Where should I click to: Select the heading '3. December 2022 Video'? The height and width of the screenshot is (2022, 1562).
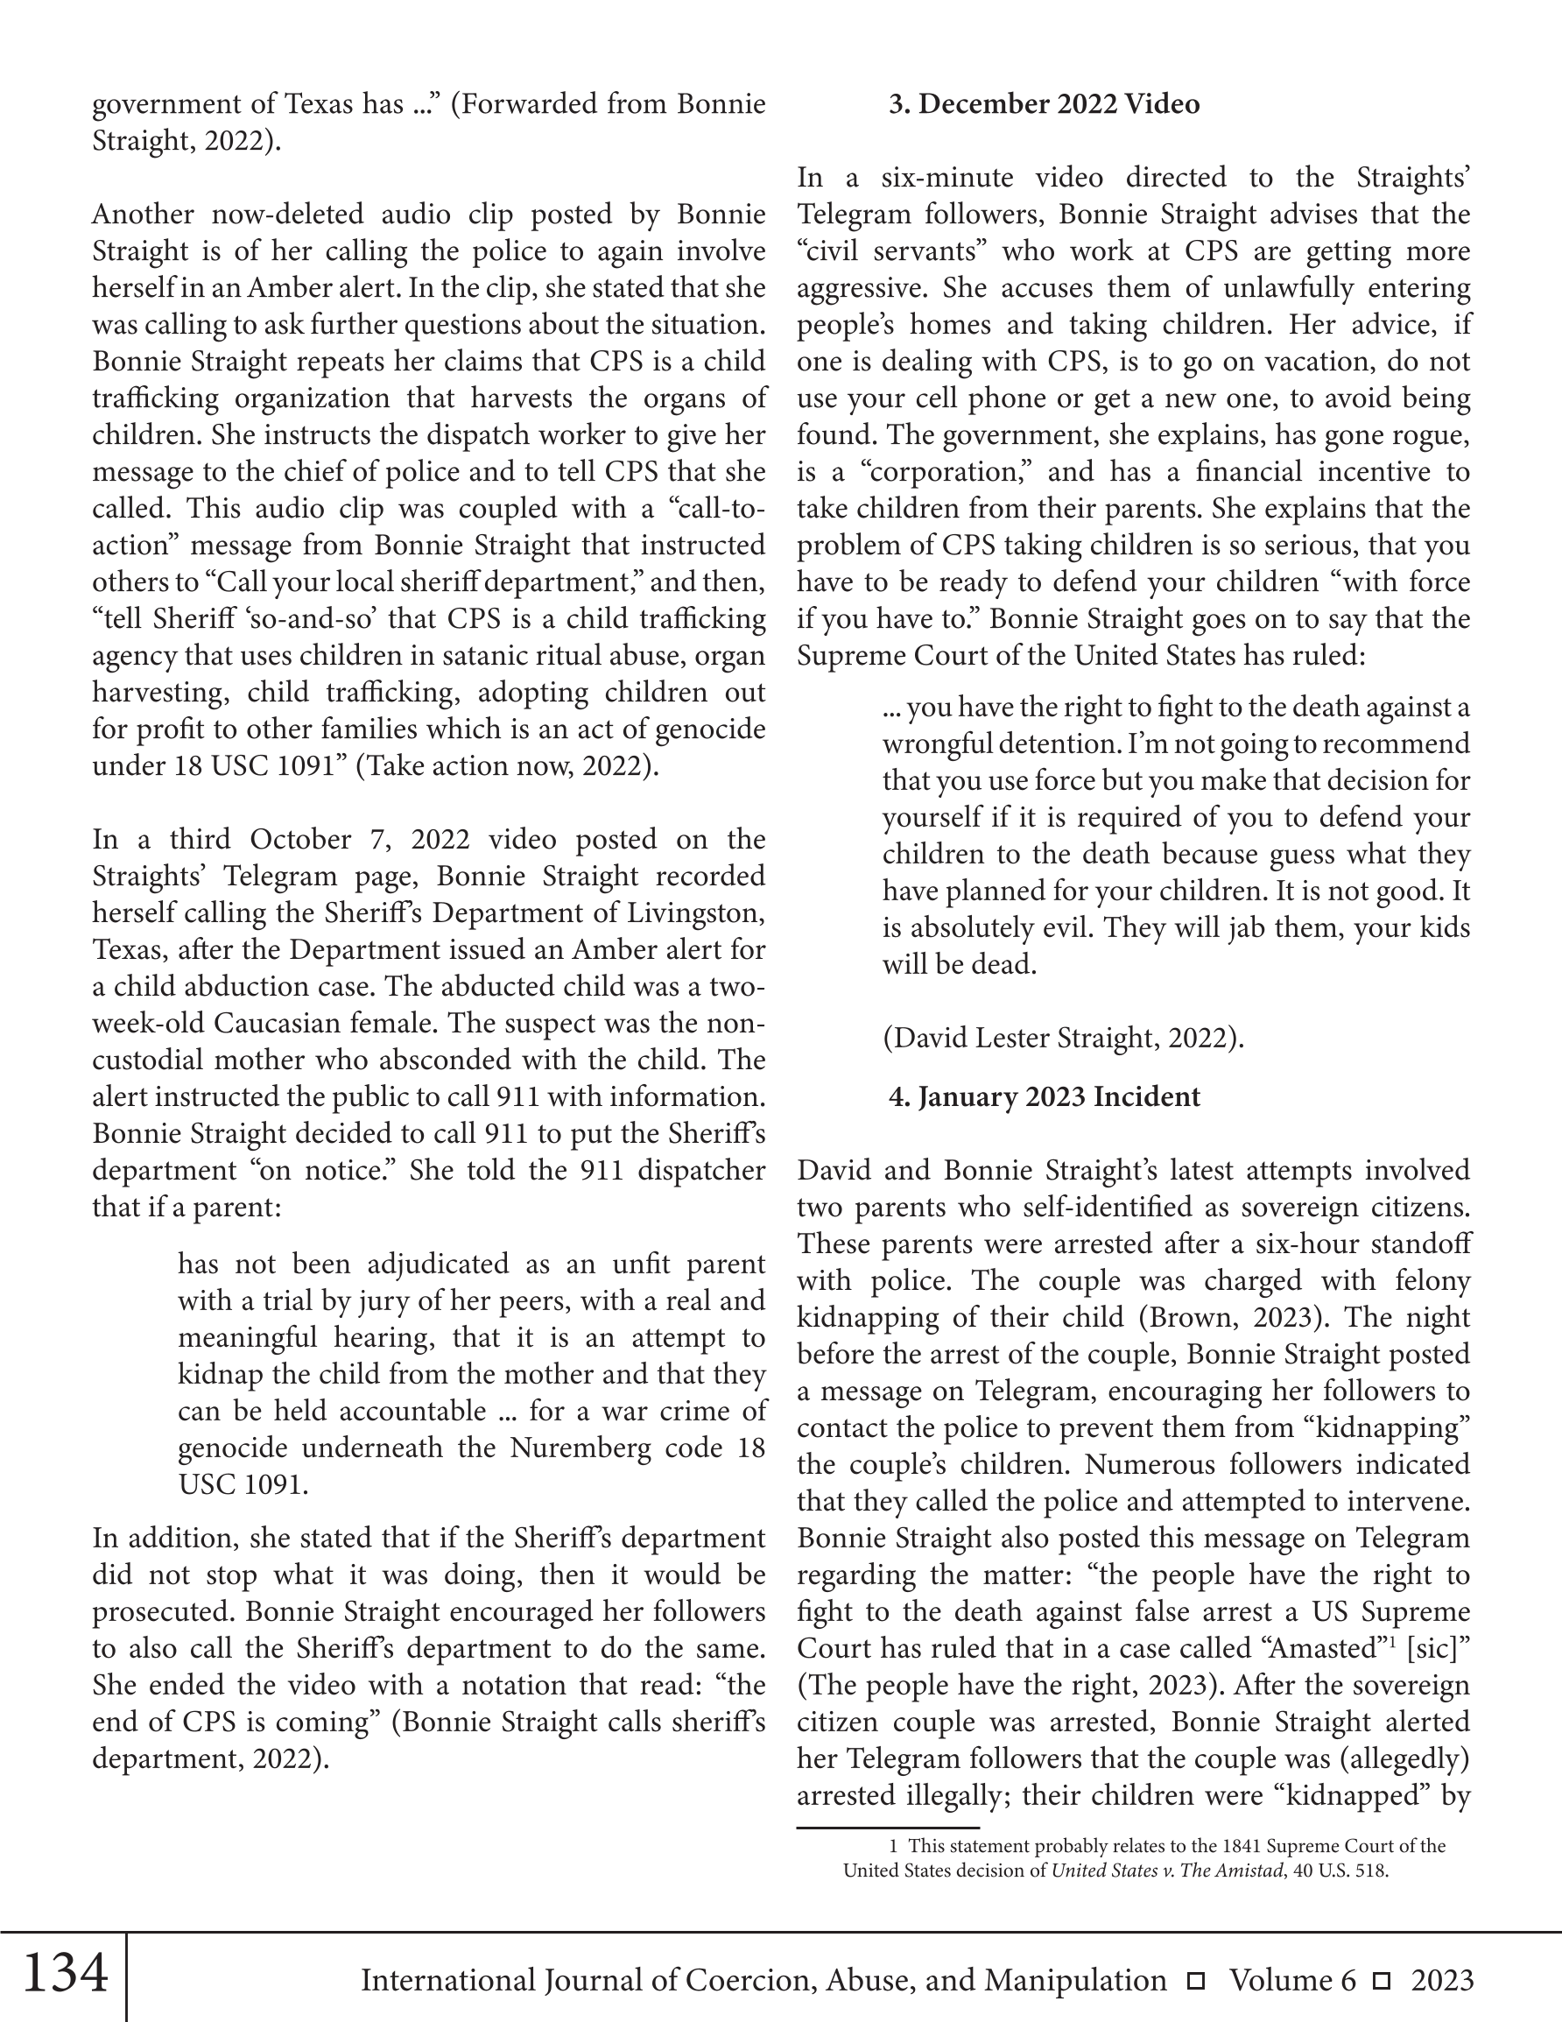(x=1044, y=103)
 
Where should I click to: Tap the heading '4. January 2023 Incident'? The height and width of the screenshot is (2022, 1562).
(x=1044, y=1097)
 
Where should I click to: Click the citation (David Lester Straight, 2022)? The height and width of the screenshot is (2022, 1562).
(x=1063, y=1039)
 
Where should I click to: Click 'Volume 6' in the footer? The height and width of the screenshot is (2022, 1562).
(x=1292, y=1980)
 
